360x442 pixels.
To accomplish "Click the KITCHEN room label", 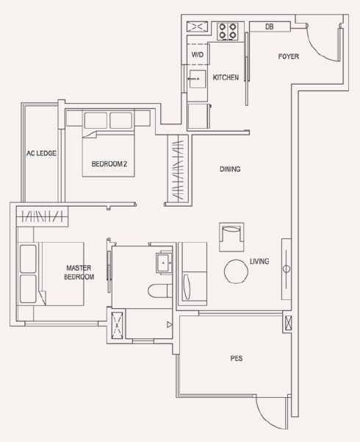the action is pos(226,77).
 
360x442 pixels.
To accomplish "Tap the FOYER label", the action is pos(289,57).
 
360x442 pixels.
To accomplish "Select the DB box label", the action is pos(270,26).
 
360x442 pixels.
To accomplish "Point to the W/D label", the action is pos(198,54).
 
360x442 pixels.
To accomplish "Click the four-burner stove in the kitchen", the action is pos(228,31).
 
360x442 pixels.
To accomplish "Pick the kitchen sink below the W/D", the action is pos(198,79).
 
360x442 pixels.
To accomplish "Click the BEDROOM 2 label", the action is pos(109,164).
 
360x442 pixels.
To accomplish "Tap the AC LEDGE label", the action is pos(41,154).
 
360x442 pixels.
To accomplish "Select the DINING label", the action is pos(230,169).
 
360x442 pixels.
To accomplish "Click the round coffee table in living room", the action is pos(236,271).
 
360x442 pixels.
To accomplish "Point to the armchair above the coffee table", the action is pos(231,237).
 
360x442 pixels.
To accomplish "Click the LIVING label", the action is pos(259,261).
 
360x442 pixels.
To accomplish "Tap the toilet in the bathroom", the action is pos(160,290).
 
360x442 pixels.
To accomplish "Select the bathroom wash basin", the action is pos(165,263).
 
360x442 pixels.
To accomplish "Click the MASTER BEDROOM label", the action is pos(79,272).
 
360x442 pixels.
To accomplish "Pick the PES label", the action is pos(237,358).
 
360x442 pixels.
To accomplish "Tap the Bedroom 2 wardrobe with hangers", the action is pos(178,168).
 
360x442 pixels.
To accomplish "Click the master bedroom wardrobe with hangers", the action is pos(43,216).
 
